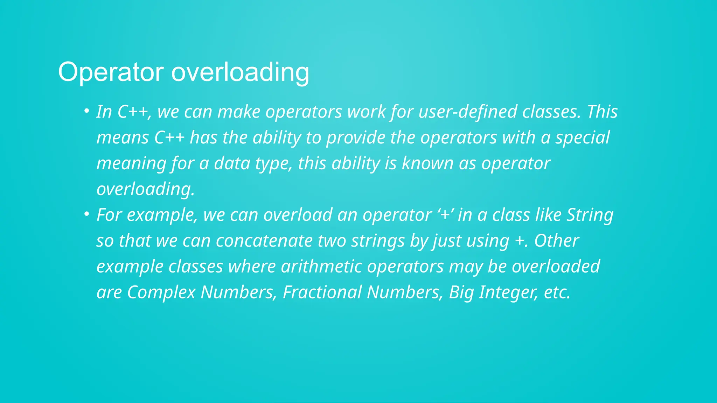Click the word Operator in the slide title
click(x=111, y=72)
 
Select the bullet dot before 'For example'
click(x=86, y=214)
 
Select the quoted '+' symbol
click(x=445, y=215)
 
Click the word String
click(x=590, y=215)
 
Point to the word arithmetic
click(x=321, y=267)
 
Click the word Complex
click(x=161, y=292)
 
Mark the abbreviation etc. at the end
click(x=557, y=292)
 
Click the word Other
click(x=557, y=241)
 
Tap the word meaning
click(x=131, y=163)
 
